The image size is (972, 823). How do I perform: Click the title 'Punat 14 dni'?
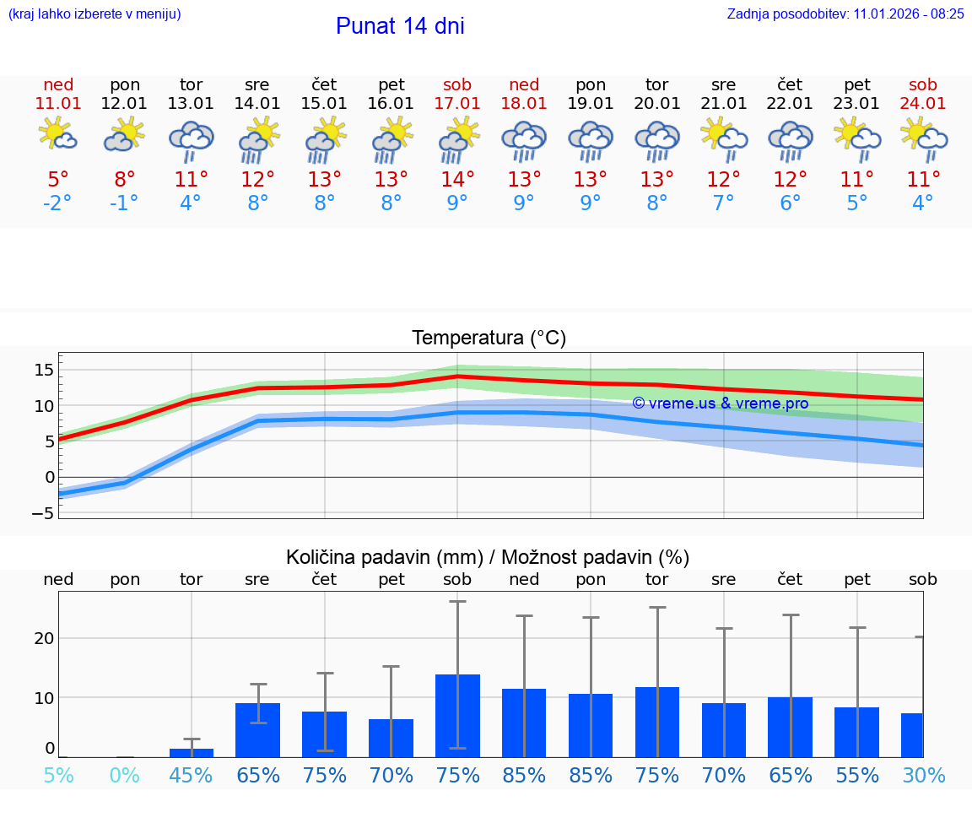click(400, 26)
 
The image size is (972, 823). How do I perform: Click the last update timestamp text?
click(845, 14)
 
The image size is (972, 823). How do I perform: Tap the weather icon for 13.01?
click(192, 141)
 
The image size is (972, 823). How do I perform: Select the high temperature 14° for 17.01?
click(457, 179)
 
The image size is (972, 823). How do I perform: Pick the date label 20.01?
click(657, 103)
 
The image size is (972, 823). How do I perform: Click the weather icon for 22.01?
click(790, 141)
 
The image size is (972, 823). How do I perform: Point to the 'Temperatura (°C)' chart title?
click(489, 338)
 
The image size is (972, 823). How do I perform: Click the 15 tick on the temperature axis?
click(44, 370)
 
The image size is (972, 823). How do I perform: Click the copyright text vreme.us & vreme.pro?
click(721, 403)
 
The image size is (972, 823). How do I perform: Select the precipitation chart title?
click(488, 557)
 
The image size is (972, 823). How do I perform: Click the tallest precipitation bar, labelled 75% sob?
click(458, 715)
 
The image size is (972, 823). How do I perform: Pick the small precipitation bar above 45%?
click(192, 752)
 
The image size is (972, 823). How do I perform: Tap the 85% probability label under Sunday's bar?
click(524, 775)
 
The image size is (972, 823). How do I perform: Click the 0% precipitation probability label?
click(125, 775)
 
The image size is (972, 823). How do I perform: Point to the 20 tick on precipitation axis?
click(44, 638)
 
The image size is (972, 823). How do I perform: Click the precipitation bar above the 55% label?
click(857, 732)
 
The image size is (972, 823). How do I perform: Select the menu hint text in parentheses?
click(94, 14)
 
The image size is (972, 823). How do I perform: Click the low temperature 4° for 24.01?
click(923, 203)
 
